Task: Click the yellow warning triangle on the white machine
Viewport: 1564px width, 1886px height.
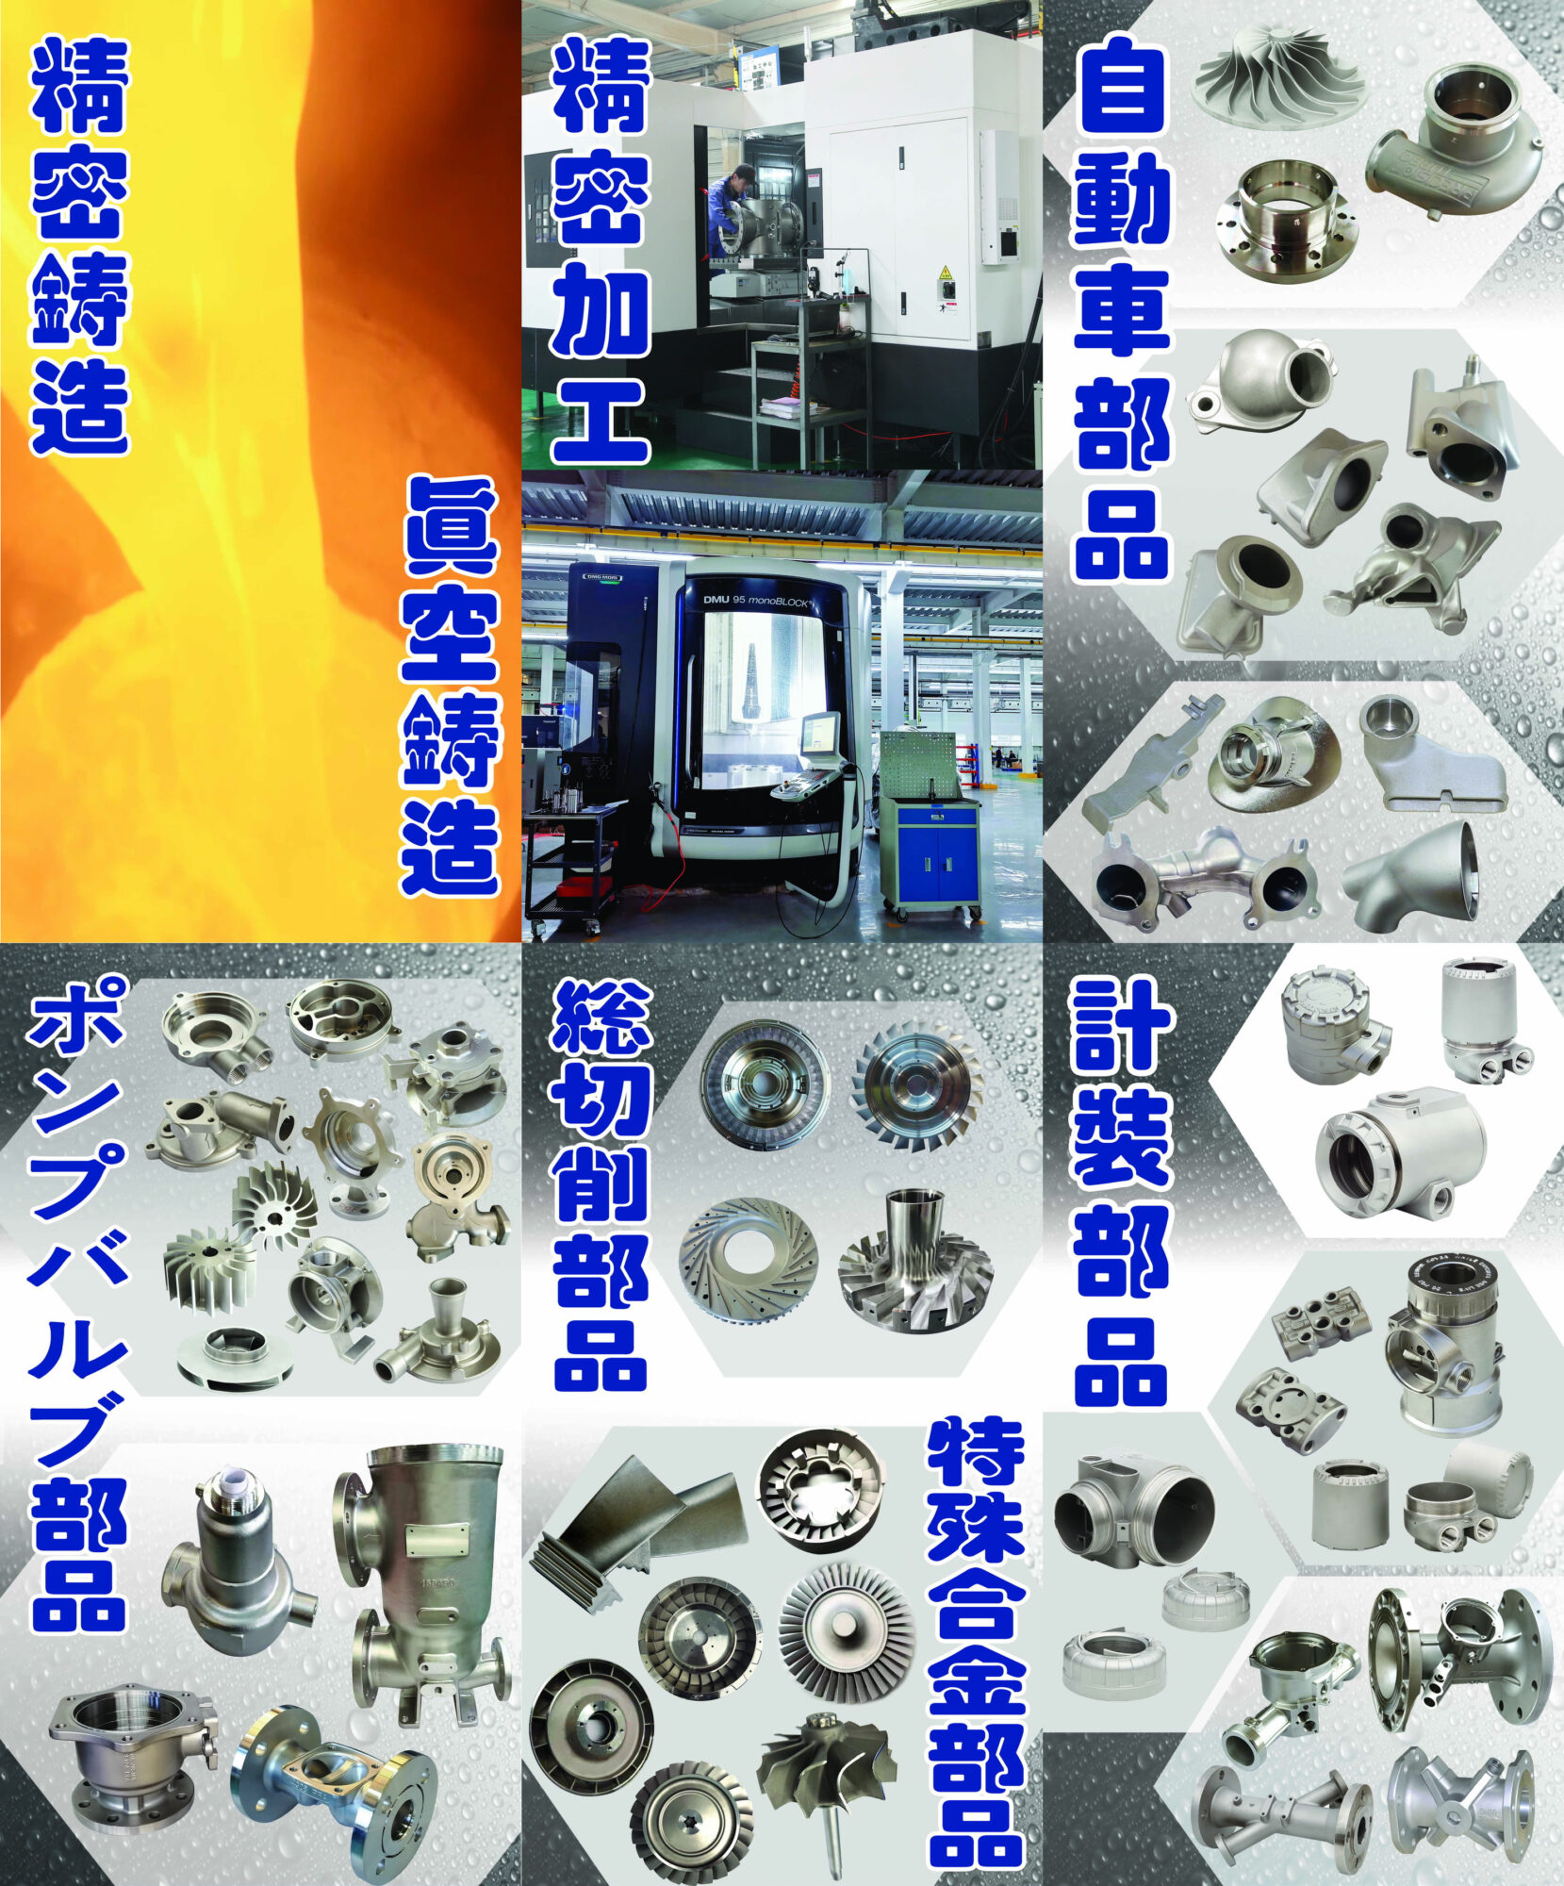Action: click(945, 273)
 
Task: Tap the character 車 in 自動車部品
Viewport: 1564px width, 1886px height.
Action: click(1122, 311)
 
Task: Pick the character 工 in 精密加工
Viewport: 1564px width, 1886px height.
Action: click(601, 420)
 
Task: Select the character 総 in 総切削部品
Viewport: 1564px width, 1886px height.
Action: click(601, 1018)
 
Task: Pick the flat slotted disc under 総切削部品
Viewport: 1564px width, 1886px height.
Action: click(749, 1263)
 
